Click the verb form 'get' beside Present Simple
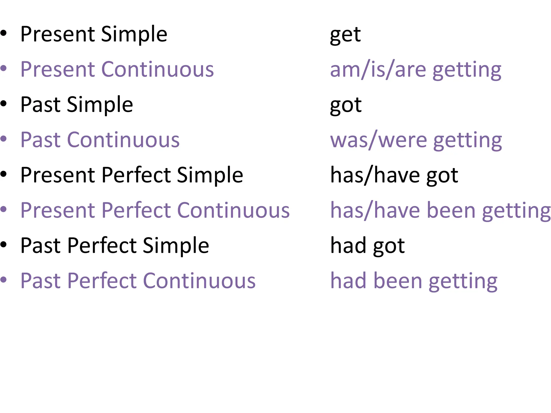pyautogui.click(x=345, y=35)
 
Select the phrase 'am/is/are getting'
pyautogui.click(x=416, y=70)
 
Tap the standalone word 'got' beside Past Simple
pyautogui.click(x=346, y=105)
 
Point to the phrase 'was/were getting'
pyautogui.click(x=416, y=140)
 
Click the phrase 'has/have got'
pyautogui.click(x=394, y=176)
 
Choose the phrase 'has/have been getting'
pyautogui.click(x=440, y=211)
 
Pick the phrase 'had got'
pyautogui.click(x=368, y=246)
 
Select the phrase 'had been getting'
pyautogui.click(x=414, y=281)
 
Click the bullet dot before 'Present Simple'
pyautogui.click(x=3, y=33)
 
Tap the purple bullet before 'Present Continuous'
pyautogui.click(x=3, y=68)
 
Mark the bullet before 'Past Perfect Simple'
pyautogui.click(x=3, y=244)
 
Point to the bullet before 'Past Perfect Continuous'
pyautogui.click(x=3, y=280)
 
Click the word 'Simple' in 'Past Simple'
pyautogui.click(x=100, y=105)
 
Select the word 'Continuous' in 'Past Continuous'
pyautogui.click(x=123, y=140)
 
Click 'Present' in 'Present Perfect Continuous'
pyautogui.click(x=58, y=210)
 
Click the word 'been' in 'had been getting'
pyautogui.click(x=398, y=281)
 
